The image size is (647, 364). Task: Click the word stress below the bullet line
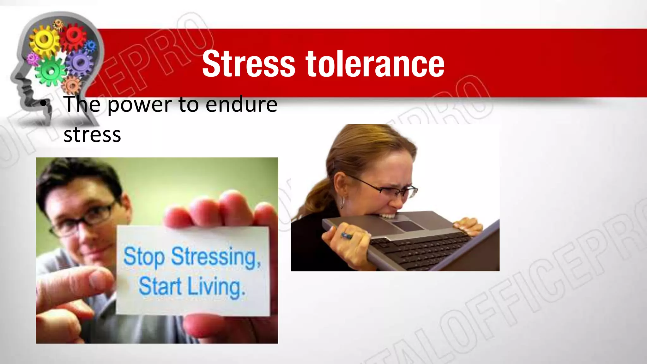[x=92, y=135]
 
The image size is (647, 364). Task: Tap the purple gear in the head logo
[x=80, y=63]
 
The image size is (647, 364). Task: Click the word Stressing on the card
[x=216, y=257]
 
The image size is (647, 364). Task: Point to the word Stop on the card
[x=144, y=256]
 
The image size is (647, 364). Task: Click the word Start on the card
[x=160, y=286]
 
